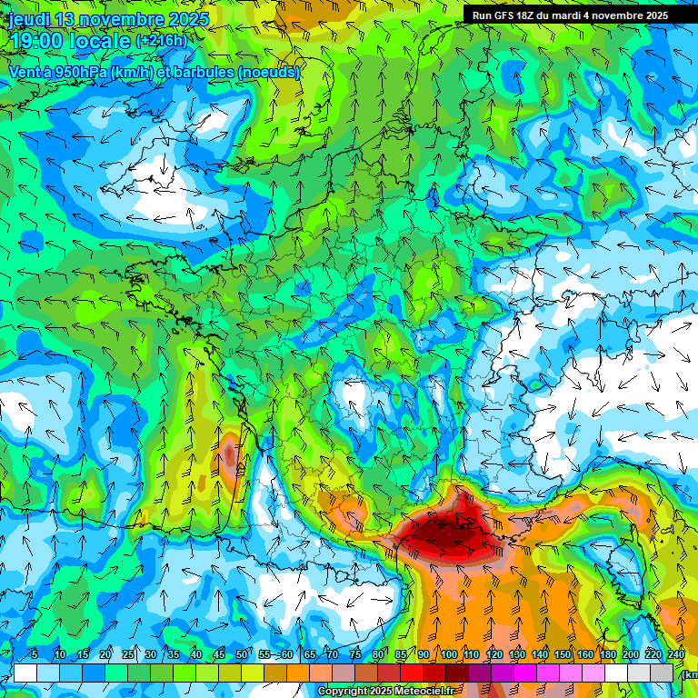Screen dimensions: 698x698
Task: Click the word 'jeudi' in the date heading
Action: tap(28, 19)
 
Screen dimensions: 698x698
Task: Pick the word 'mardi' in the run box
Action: tap(573, 15)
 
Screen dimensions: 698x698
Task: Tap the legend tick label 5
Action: tap(34, 654)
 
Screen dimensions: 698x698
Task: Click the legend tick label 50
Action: tap(242, 654)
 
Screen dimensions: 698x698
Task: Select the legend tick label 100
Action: tap(448, 654)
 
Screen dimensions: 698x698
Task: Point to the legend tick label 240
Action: tap(676, 654)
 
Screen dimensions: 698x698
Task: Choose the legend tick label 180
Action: tap(608, 654)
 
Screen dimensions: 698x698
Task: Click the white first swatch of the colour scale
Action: tap(25, 673)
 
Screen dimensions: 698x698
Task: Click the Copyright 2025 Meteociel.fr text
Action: tap(385, 692)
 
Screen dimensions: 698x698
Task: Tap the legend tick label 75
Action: tap(355, 654)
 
